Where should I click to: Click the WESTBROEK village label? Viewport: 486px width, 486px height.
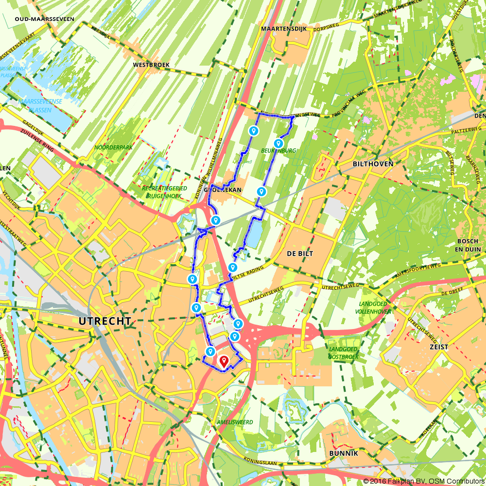point(147,64)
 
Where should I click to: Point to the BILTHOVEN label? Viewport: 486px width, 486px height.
point(373,164)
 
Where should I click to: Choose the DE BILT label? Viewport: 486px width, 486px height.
point(300,254)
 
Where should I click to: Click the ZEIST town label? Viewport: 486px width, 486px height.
point(438,347)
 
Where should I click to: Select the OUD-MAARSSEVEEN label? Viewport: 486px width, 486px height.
point(44,19)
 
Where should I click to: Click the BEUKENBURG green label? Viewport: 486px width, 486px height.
point(278,151)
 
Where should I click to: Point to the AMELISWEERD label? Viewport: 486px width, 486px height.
point(236,422)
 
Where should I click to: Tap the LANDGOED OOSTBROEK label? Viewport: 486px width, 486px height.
point(344,353)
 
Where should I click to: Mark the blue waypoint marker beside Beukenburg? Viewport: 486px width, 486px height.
point(278,143)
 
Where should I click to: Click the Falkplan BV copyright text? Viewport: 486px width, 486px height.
point(420,481)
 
